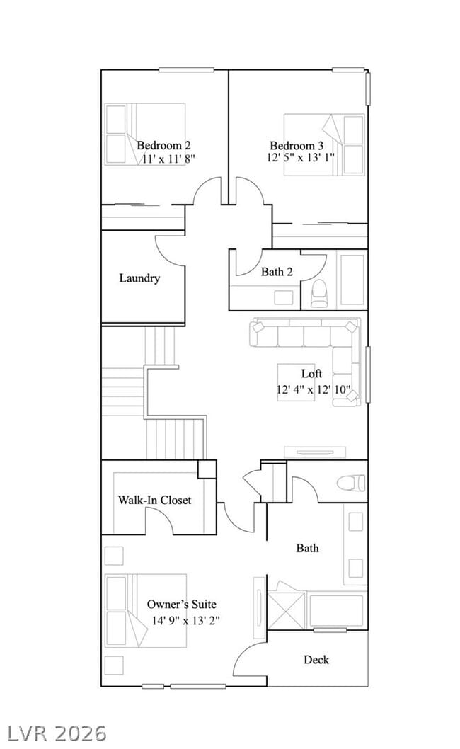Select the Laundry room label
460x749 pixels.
139,278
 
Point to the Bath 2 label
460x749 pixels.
277,271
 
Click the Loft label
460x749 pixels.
311,373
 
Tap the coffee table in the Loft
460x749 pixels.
295,382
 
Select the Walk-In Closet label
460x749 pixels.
154,500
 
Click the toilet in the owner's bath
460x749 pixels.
350,483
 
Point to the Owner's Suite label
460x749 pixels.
181,604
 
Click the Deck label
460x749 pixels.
316,659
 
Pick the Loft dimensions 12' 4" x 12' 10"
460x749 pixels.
314,389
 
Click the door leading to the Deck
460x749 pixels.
249,658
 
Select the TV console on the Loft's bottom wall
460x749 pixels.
316,452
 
